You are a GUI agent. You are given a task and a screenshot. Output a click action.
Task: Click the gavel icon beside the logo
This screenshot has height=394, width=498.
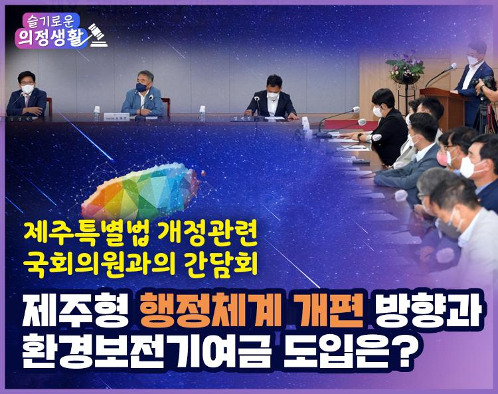click(x=98, y=35)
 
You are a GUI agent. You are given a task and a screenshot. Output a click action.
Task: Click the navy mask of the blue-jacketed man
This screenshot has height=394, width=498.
click(x=141, y=87)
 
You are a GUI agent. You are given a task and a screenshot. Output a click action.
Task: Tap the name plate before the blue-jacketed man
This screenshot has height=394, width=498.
click(x=116, y=117)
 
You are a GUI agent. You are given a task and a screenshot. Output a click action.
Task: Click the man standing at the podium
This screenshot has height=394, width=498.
click(x=470, y=80)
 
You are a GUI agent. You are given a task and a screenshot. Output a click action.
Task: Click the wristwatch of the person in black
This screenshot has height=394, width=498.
click(x=359, y=137)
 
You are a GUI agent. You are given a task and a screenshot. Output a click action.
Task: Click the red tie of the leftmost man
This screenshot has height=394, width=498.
click(x=27, y=100)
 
